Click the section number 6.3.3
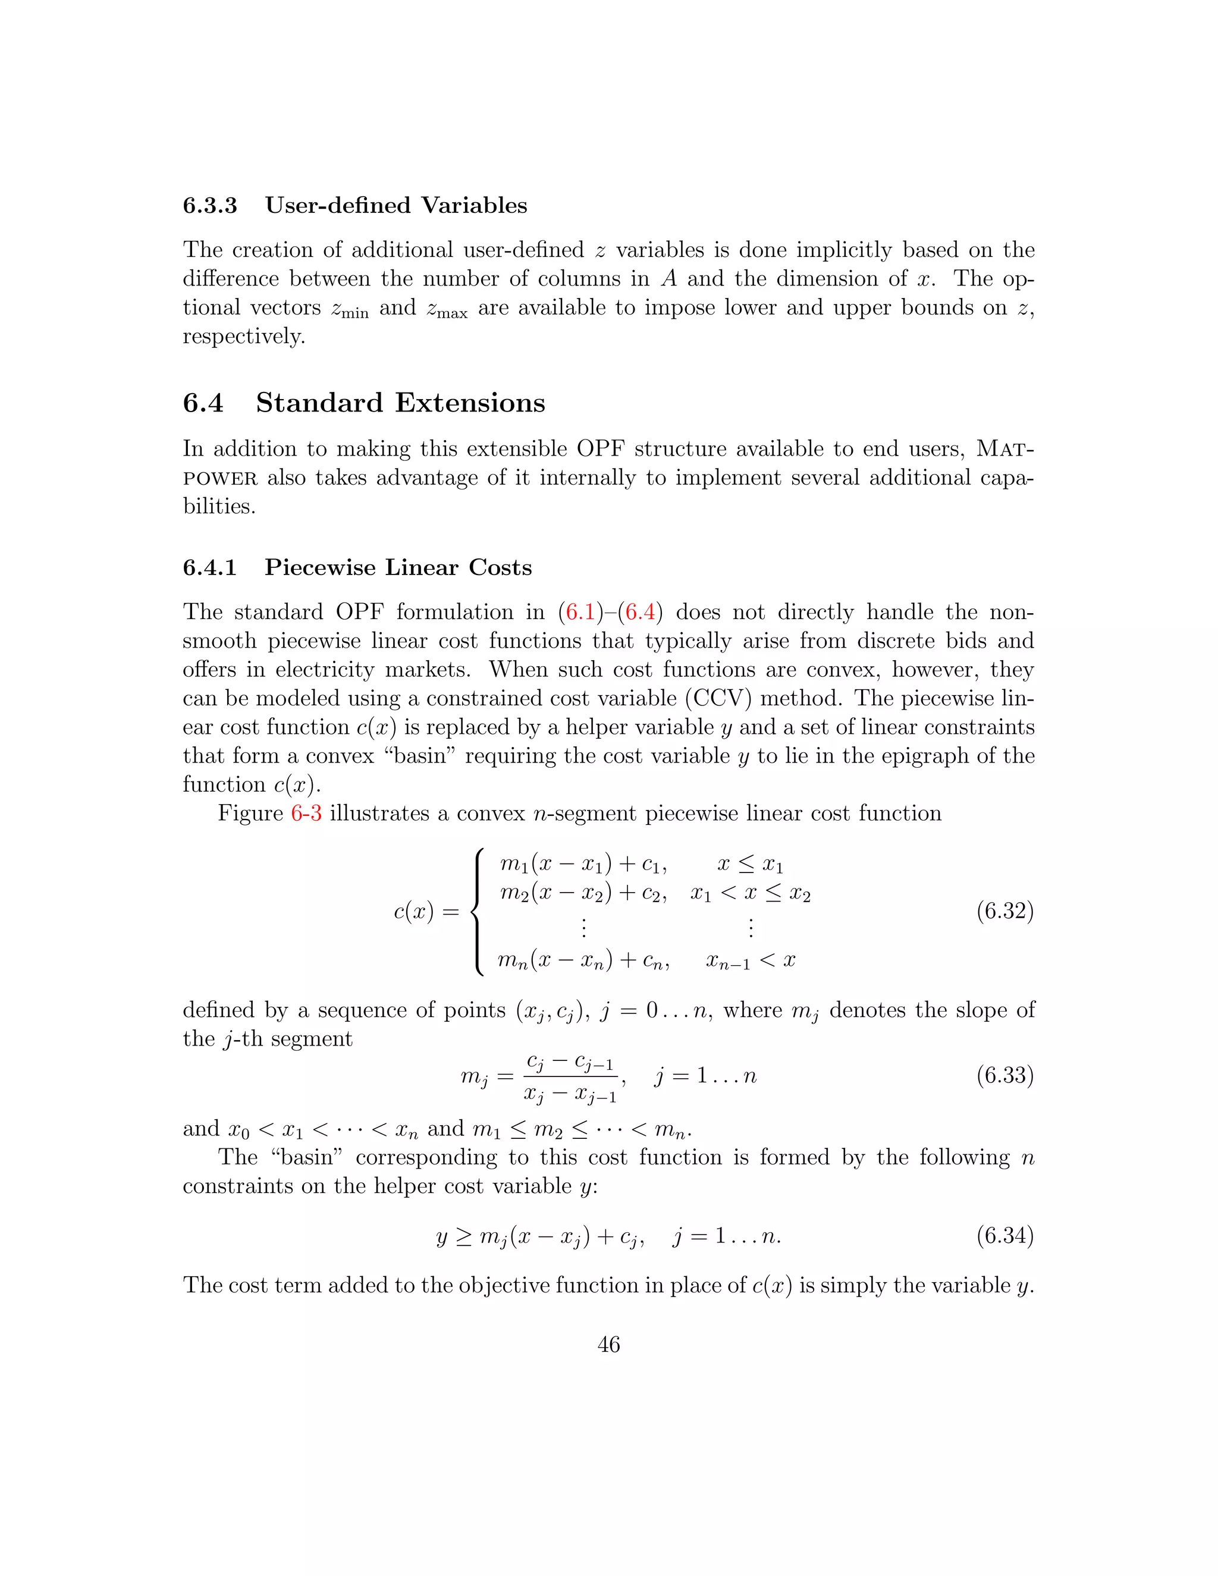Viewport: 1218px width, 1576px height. [209, 206]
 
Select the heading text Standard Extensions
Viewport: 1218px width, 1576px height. [400, 403]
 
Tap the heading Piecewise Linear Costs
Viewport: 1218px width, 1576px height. [398, 567]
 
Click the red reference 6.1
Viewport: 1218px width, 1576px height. [579, 612]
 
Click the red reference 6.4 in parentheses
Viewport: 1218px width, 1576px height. [640, 612]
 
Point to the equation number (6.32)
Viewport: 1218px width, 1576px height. [1004, 911]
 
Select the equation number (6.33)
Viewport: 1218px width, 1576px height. [1004, 1075]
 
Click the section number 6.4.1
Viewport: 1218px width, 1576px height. [209, 567]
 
